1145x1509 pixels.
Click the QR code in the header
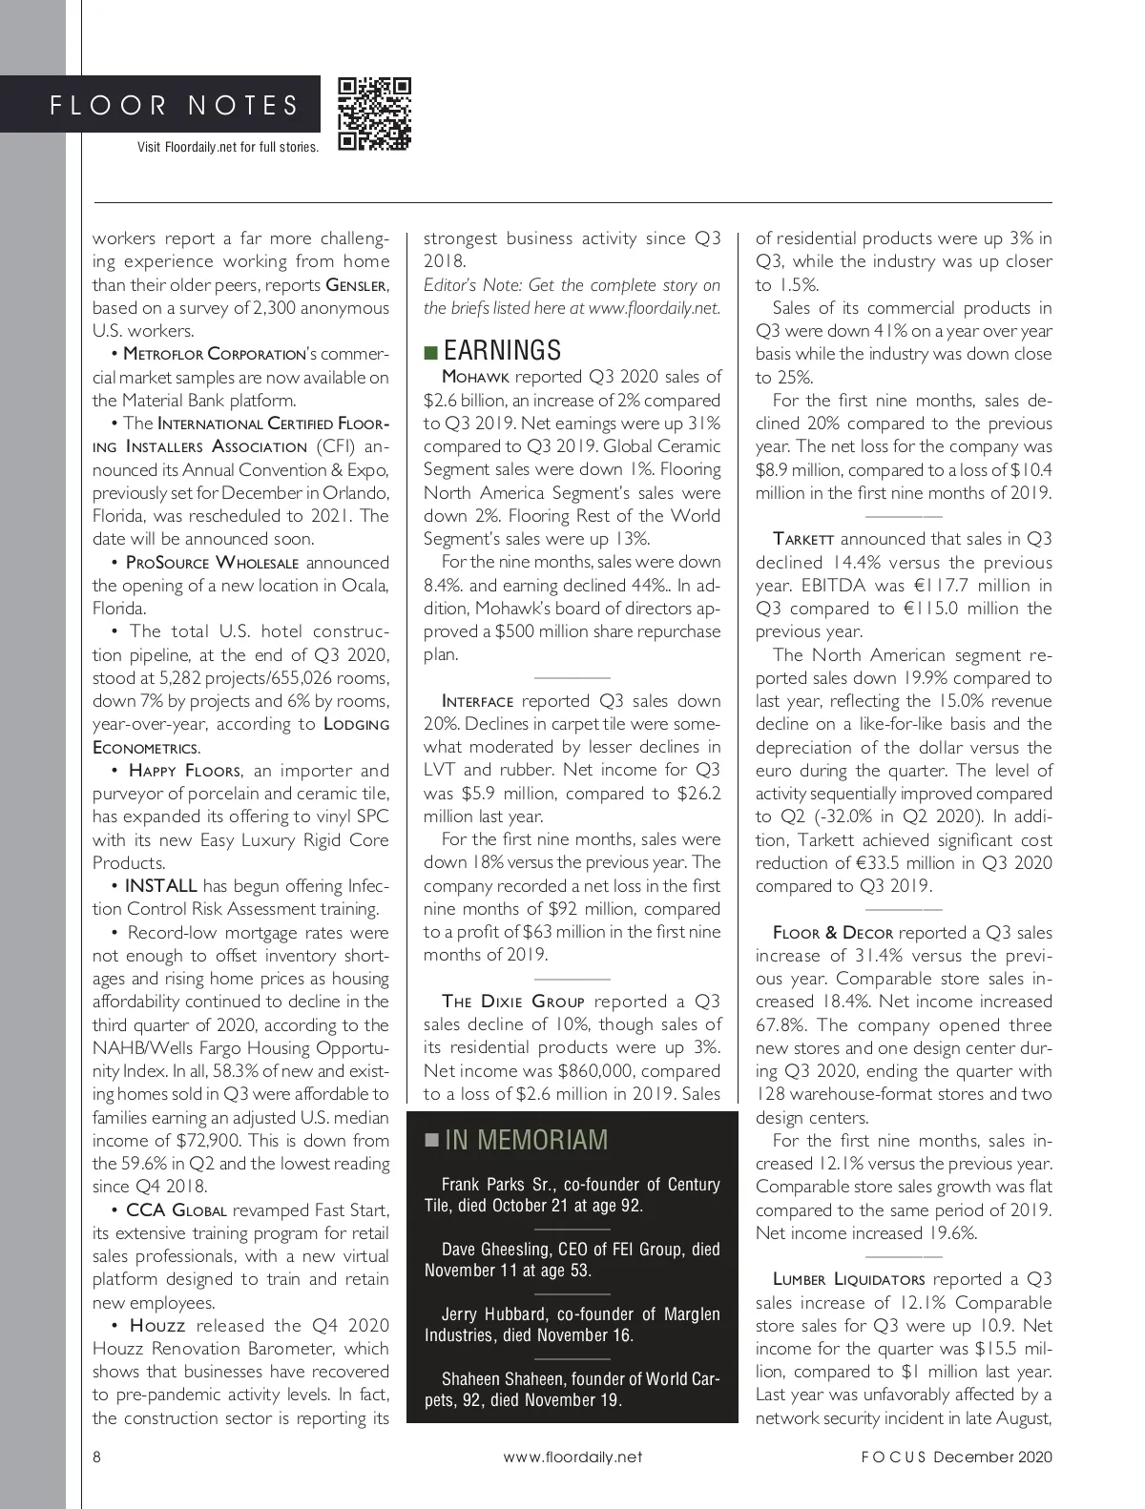(375, 114)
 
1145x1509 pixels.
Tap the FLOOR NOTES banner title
(175, 105)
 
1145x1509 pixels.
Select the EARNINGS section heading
(502, 350)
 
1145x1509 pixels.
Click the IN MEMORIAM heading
(526, 1140)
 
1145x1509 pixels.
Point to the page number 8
(97, 1457)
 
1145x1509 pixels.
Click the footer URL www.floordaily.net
(572, 1457)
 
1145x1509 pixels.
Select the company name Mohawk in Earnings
(475, 377)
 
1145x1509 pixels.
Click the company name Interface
(477, 701)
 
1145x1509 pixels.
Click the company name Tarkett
(803, 539)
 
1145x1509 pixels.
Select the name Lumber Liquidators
(848, 1279)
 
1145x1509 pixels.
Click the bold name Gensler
(357, 285)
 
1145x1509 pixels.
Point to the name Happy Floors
(184, 771)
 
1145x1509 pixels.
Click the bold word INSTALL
(160, 886)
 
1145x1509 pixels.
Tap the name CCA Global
(176, 1210)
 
